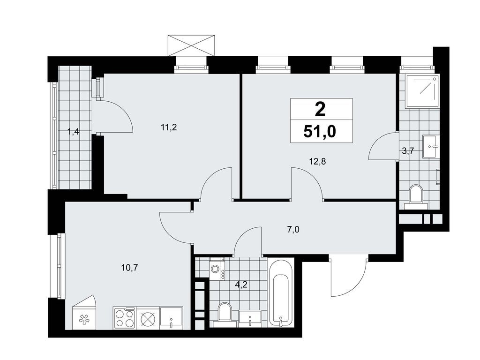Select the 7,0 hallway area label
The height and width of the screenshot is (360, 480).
click(x=293, y=229)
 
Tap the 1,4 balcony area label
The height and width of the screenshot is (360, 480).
click(x=73, y=132)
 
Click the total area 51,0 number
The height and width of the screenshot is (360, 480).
click(x=321, y=132)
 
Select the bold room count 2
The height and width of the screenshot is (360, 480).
click(x=321, y=110)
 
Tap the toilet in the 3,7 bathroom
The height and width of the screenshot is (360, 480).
click(x=415, y=195)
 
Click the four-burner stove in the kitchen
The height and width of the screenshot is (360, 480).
click(x=124, y=316)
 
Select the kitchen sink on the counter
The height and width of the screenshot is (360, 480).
click(x=172, y=317)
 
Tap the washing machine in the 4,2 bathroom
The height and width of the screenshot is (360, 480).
click(x=216, y=270)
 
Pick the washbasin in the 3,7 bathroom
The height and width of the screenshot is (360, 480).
click(x=431, y=146)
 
